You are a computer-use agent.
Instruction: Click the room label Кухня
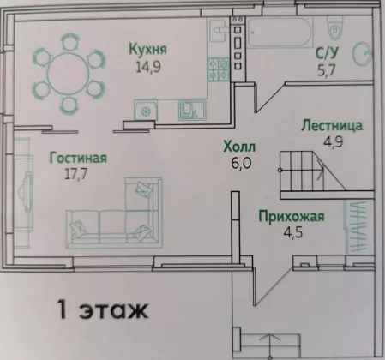(147, 49)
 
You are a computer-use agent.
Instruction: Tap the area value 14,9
(148, 67)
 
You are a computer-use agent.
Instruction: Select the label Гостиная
(78, 158)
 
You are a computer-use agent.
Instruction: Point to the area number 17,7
(75, 174)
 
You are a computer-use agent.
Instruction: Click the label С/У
(327, 52)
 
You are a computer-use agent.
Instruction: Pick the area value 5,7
(326, 70)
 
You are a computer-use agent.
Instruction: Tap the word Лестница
(332, 126)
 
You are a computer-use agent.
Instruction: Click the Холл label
(239, 147)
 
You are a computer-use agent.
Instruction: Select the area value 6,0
(241, 164)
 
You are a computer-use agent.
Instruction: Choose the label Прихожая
(292, 216)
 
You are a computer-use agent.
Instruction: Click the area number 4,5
(292, 232)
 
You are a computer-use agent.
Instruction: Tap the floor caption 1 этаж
(103, 309)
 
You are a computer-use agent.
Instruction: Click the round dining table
(69, 73)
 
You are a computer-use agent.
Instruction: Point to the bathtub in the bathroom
(280, 32)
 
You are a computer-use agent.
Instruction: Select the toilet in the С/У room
(335, 27)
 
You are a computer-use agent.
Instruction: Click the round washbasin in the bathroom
(363, 54)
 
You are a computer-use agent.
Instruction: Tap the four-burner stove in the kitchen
(219, 69)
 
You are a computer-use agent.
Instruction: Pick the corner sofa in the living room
(115, 213)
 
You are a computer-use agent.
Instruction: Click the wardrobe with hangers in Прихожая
(358, 226)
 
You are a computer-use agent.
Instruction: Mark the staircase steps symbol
(312, 171)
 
